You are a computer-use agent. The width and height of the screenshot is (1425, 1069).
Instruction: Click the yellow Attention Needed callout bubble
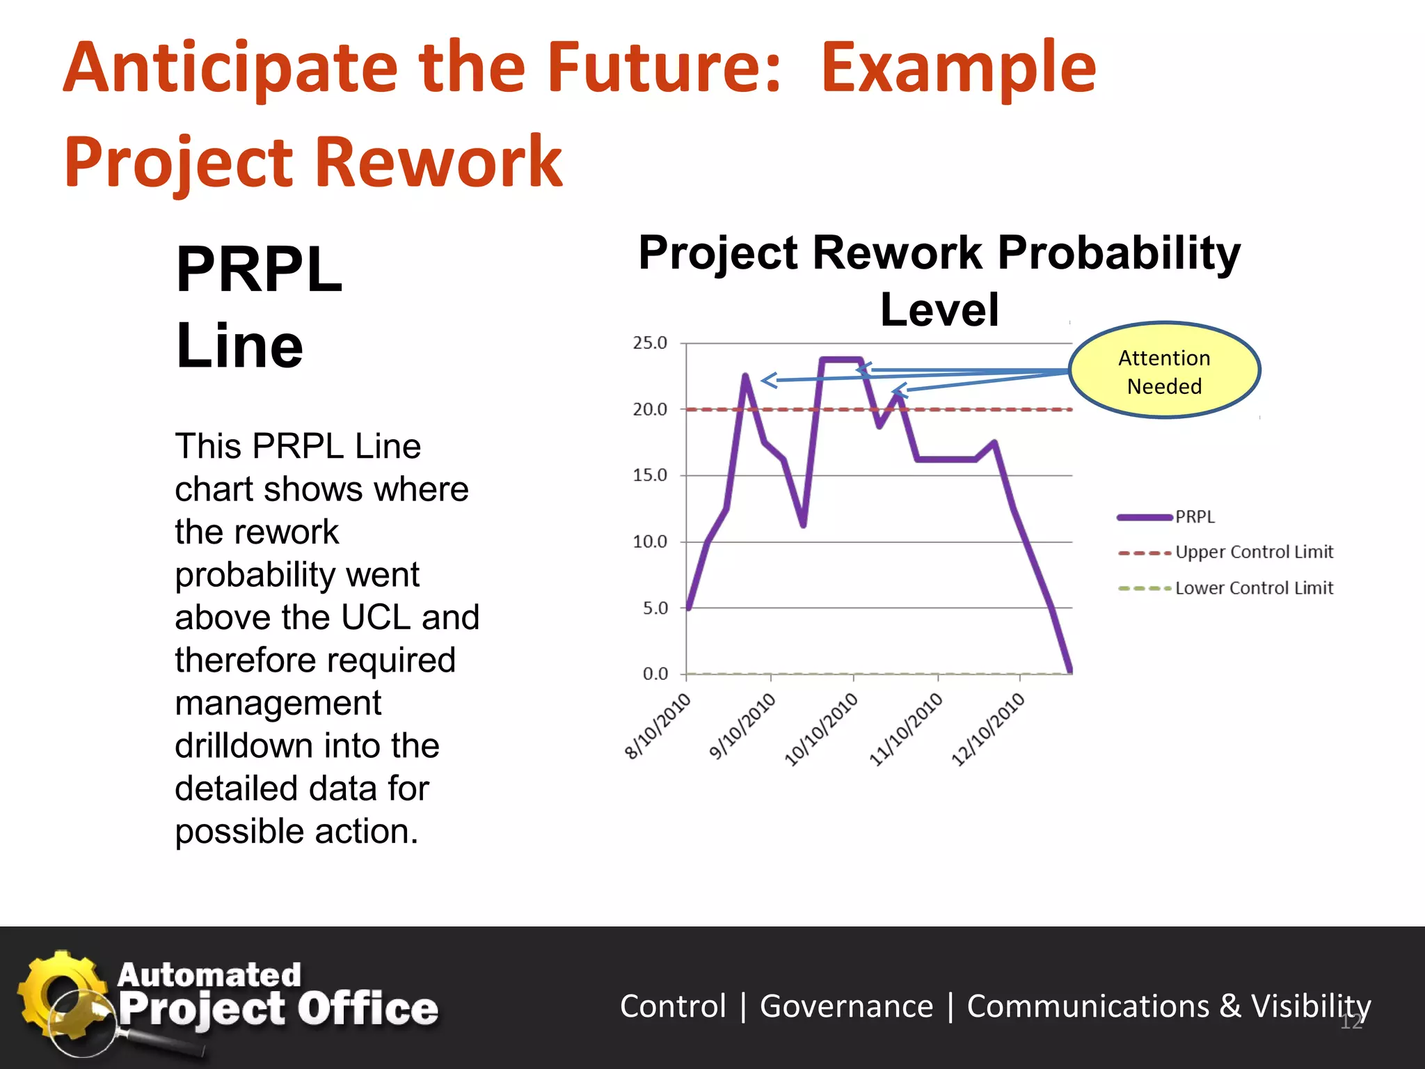[x=1164, y=371]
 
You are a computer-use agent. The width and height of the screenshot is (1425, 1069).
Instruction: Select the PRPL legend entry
[x=1194, y=517]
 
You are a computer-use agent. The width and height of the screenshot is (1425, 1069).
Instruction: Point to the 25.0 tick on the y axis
[x=649, y=343]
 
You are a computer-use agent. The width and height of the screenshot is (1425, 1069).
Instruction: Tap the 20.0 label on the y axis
[x=649, y=410]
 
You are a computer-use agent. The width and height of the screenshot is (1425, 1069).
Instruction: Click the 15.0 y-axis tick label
[x=649, y=475]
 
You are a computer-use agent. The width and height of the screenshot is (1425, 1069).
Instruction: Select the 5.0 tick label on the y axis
[x=655, y=608]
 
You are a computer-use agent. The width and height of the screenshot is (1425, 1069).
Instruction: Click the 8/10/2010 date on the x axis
[x=658, y=726]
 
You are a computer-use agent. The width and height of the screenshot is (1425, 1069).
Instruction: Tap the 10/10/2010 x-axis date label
[x=822, y=729]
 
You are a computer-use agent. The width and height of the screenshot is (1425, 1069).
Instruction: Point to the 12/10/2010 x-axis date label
[x=989, y=729]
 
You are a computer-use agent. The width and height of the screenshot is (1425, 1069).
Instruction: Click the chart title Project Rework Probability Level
[x=939, y=280]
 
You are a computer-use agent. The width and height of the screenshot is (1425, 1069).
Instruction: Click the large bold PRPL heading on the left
[x=259, y=270]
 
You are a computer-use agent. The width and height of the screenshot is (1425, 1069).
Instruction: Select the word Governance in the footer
[x=846, y=1006]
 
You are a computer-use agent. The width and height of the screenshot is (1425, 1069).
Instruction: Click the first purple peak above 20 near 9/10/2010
[x=745, y=377]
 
